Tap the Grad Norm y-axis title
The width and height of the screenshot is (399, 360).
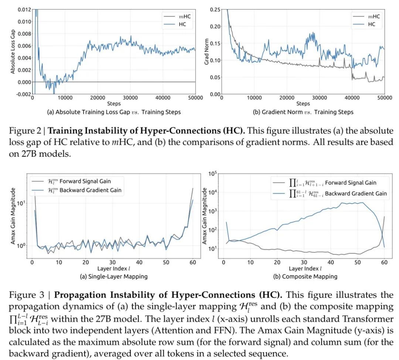point(207,52)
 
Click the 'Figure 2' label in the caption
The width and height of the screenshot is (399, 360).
point(25,131)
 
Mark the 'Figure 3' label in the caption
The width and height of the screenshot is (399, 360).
point(25,295)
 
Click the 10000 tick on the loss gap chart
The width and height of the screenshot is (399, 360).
point(65,98)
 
